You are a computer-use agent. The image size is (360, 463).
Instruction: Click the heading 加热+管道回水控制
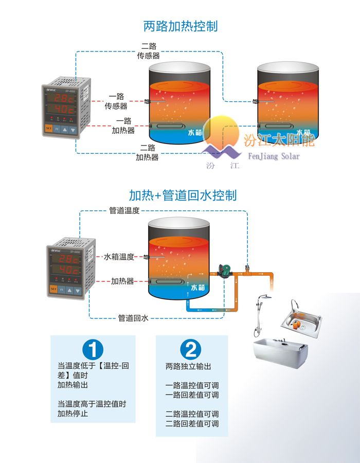tap(183, 195)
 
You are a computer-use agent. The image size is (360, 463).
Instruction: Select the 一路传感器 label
tap(116, 101)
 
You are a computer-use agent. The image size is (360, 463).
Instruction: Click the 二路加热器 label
tap(148, 152)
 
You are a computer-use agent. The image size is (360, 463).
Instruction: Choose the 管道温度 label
tap(124, 210)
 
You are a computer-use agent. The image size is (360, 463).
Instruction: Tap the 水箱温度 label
tap(119, 257)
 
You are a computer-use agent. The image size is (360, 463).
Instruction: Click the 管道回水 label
tap(133, 318)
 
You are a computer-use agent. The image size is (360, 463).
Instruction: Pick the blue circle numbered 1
tap(93, 350)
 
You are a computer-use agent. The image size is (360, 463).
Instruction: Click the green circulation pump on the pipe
tap(224, 271)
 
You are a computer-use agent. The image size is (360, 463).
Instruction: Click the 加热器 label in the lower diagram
tap(122, 281)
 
